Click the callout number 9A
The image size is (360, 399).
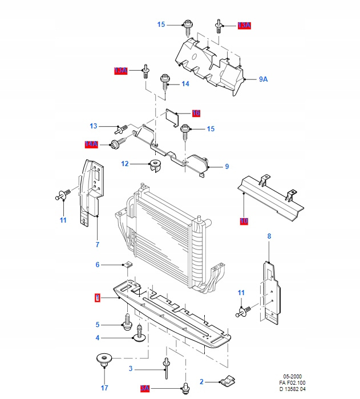263,79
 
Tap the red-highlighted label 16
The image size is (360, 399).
196,113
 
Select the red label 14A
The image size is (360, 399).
92,144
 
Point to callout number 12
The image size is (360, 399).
125,164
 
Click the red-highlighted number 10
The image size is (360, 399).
244,220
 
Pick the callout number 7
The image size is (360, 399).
98,244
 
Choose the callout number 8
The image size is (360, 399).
269,236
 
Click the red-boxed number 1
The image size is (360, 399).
98,297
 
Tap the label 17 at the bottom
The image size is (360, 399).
104,380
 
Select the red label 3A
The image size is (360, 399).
145,388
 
